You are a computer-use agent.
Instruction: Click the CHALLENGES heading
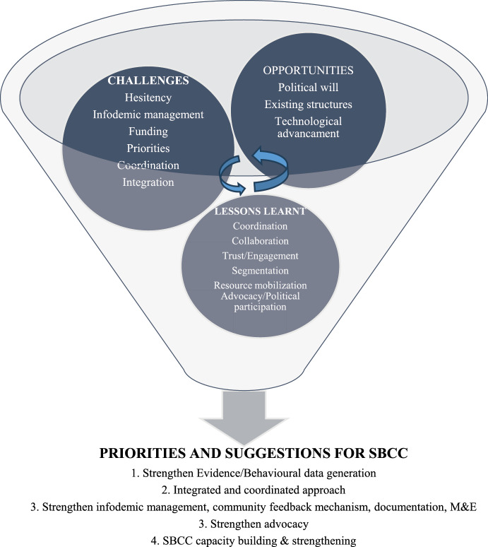142,81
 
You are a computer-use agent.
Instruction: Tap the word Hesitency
142,98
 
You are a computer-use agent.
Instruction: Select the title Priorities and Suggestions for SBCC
244,452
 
